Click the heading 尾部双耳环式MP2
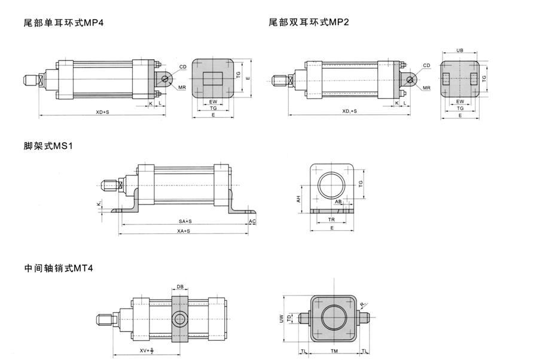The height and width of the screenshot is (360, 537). pos(309,23)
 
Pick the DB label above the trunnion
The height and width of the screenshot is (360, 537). pos(180,286)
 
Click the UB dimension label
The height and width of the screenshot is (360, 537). pos(460,51)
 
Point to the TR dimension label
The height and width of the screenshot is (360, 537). pos(331,219)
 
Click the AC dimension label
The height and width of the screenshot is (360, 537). pos(252,221)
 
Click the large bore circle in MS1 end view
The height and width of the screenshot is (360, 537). pos(332,187)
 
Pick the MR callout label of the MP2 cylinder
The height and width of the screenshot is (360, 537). pos(427,88)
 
